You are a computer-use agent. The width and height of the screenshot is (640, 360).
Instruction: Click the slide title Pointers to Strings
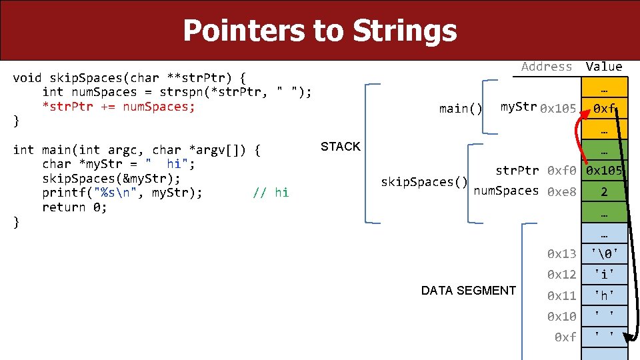click(319, 31)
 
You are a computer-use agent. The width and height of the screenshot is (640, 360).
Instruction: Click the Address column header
click(546, 67)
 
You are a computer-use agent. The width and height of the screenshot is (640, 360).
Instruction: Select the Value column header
click(603, 67)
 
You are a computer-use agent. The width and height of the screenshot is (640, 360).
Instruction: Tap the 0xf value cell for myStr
click(604, 108)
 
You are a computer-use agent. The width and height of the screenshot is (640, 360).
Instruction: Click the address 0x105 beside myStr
click(558, 109)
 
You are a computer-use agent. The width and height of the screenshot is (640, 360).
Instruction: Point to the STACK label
click(340, 147)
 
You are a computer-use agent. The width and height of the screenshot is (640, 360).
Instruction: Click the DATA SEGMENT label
click(468, 291)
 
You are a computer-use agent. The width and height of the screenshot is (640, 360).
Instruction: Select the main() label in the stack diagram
click(461, 109)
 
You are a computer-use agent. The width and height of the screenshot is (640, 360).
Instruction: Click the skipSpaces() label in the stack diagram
click(423, 182)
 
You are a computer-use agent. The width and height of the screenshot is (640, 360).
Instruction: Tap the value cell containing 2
click(604, 193)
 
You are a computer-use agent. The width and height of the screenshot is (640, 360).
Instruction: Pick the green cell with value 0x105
click(604, 171)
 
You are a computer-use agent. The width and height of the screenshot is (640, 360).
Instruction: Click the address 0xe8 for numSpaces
click(561, 193)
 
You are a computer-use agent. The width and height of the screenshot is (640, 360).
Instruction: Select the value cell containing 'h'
click(604, 295)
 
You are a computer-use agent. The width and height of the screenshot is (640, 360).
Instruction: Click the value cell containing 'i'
click(604, 275)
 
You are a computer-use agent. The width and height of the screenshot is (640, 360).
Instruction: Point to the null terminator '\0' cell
click(604, 253)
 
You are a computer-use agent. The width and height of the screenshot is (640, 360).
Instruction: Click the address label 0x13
click(561, 253)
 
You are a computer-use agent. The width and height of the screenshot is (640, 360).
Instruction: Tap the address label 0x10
click(561, 316)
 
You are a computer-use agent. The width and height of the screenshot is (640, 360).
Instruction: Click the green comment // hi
click(271, 193)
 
